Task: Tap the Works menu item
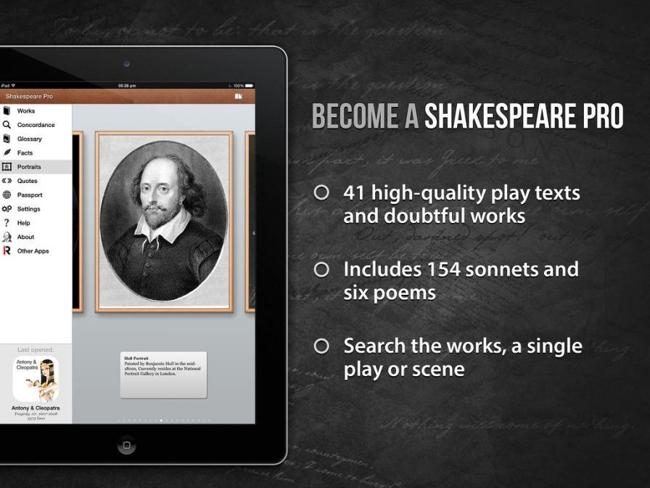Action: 26,111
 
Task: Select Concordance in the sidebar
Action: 36,125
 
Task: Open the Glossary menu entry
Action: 30,139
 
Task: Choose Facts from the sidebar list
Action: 25,153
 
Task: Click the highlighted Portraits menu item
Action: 29,167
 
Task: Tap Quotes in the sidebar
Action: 28,181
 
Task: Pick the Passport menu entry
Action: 30,195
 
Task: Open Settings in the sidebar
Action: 29,209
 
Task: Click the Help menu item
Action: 24,223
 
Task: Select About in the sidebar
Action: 25,237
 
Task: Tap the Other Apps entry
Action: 33,251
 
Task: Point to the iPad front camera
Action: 126,64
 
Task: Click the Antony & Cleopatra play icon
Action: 36,379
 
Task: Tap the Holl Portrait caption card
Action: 163,375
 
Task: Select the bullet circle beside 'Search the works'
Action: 321,346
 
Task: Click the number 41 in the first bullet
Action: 355,193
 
